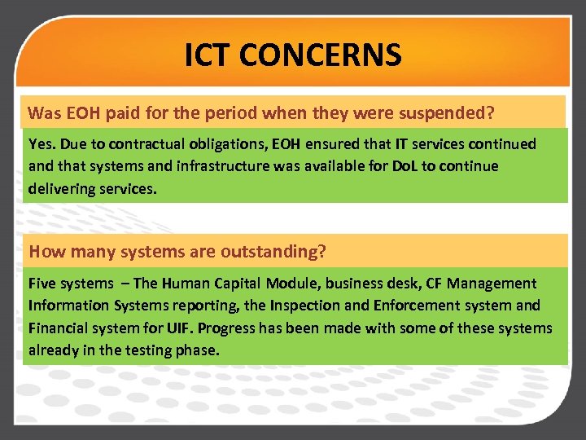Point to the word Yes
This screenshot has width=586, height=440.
pos(42,144)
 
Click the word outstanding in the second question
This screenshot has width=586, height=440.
pos(278,252)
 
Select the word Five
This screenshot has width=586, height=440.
pos(42,284)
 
